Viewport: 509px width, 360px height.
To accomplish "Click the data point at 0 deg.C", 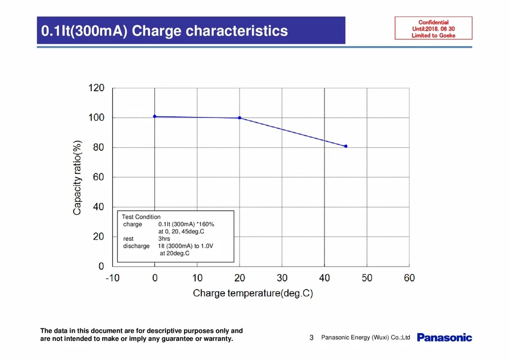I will (x=155, y=116).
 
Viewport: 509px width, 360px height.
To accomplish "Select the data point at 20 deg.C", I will (x=240, y=118).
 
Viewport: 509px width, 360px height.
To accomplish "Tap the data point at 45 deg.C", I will (x=346, y=146).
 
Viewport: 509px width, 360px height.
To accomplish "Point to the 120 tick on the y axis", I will (x=97, y=88).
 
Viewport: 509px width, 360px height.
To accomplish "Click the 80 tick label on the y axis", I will (x=99, y=147).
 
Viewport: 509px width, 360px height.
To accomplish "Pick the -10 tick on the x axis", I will (x=112, y=278).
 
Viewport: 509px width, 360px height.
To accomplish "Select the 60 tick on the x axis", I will (x=409, y=278).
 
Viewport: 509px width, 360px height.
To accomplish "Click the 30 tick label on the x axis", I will (x=282, y=278).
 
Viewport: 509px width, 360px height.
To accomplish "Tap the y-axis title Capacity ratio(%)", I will (x=77, y=178).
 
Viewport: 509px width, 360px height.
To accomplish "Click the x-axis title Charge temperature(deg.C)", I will (x=253, y=293).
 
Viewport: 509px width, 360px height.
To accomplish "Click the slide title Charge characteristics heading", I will (x=165, y=31).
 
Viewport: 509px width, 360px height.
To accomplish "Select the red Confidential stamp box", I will (x=433, y=29).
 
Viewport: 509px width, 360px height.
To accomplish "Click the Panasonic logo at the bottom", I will (x=444, y=337).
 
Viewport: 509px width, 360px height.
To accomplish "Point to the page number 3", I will (x=312, y=338).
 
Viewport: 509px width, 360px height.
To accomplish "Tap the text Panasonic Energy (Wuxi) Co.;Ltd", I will (x=365, y=338).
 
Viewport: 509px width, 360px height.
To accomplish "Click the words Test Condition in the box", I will (x=141, y=217).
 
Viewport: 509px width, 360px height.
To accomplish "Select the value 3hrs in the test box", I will (x=164, y=239).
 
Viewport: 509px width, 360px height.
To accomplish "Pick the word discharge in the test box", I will (x=136, y=246).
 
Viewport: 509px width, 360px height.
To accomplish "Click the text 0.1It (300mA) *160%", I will (x=186, y=224).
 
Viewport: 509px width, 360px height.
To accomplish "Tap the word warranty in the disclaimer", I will (x=218, y=339).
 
